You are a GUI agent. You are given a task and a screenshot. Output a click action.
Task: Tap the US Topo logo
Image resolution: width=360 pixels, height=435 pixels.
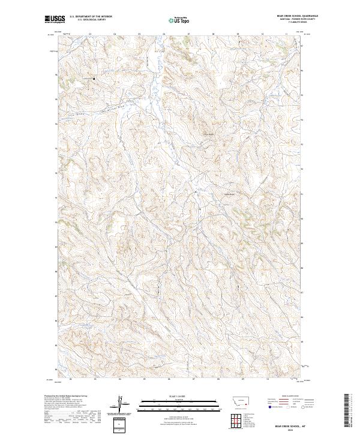[x=175, y=20]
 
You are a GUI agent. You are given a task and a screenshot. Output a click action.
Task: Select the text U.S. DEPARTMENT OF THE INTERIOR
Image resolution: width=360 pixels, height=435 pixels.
[x=91, y=17]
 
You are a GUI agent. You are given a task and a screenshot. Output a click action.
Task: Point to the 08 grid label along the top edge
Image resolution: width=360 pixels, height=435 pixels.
[x=213, y=35]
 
